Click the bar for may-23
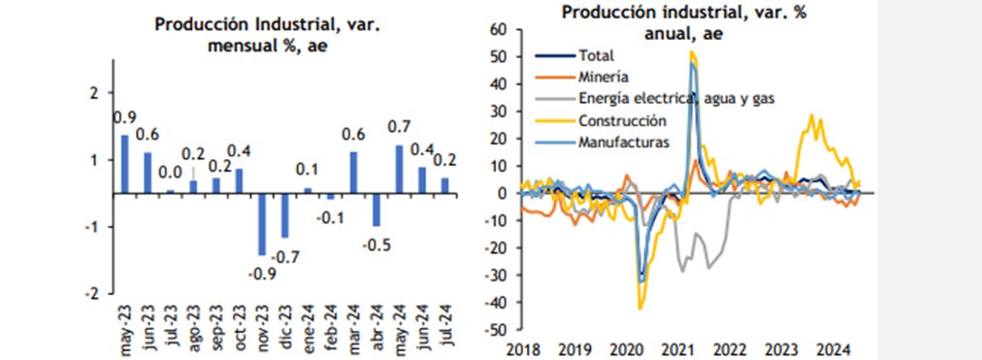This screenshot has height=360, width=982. tap(124, 163)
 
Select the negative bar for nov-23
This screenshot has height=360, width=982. tap(261, 223)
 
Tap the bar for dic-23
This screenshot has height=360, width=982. tap(284, 214)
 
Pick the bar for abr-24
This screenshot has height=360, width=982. tap(376, 209)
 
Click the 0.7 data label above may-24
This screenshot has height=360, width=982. tap(399, 127)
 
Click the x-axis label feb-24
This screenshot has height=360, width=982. tap(331, 326)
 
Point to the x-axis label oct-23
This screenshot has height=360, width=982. tap(240, 326)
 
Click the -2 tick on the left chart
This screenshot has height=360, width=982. tap(92, 293)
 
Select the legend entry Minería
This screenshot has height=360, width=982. tap(603, 76)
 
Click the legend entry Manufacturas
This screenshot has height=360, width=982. tap(622, 143)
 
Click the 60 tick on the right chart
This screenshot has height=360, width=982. tap(499, 29)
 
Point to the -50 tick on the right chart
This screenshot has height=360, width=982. tap(496, 330)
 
